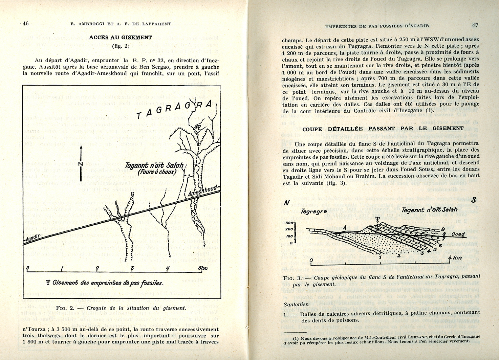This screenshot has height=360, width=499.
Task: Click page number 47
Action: tap(475, 25)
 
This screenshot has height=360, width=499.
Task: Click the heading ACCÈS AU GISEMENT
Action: tap(121, 38)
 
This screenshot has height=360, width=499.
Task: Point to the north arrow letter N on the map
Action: tap(80, 164)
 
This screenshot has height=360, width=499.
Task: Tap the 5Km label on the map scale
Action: tap(203, 268)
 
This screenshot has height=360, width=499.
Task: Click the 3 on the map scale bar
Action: tap(132, 268)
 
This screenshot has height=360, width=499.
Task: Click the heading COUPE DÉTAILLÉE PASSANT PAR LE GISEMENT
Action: tap(383, 129)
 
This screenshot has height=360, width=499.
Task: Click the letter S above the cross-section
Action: tap(473, 200)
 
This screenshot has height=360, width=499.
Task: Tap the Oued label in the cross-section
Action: tap(458, 234)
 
